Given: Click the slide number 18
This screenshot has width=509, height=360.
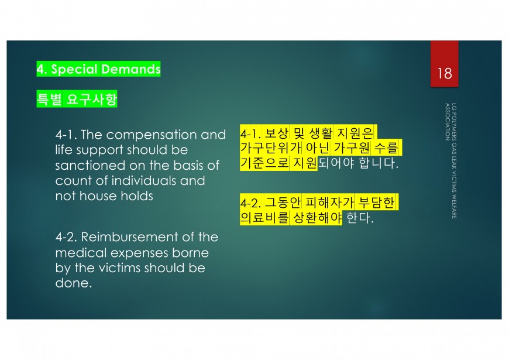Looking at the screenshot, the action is point(445,73).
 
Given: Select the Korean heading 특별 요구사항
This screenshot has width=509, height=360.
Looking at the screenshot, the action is point(77,99).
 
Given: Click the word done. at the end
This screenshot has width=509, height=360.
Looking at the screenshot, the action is point(74,283).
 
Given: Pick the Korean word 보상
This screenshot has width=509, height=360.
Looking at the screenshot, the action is point(277,133).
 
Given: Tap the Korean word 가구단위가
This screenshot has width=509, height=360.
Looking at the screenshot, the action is point(271,148).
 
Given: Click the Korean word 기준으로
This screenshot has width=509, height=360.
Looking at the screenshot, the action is point(264,163).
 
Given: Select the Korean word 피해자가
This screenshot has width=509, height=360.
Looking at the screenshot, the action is point(329,203).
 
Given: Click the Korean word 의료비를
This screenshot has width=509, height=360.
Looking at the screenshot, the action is point(264,217).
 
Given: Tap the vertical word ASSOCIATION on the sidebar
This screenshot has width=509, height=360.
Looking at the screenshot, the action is point(448,122).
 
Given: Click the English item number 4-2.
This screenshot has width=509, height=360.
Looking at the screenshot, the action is point(66,237).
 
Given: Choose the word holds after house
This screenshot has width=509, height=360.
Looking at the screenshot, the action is point(137,196).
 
